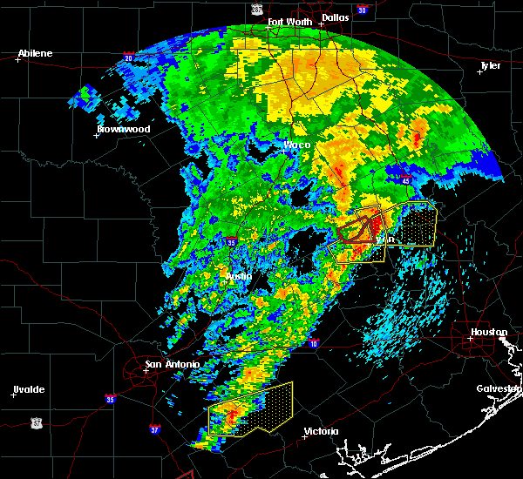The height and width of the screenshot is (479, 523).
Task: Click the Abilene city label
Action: (35, 53)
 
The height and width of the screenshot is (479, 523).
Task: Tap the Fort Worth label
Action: (289, 22)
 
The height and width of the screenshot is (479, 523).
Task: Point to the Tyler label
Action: (492, 65)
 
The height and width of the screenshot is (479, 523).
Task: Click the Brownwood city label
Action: (123, 129)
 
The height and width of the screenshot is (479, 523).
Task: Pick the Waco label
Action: (297, 145)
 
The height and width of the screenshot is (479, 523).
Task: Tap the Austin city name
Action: (239, 276)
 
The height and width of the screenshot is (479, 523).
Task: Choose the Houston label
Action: (489, 332)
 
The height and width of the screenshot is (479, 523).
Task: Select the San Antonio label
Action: (172, 364)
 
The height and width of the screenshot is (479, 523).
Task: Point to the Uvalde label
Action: (28, 389)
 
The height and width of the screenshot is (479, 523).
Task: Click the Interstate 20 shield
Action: (128, 58)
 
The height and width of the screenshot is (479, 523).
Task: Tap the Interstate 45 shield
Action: (407, 180)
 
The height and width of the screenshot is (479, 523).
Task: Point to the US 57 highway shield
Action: (36, 422)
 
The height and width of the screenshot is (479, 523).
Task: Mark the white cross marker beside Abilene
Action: (17, 60)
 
